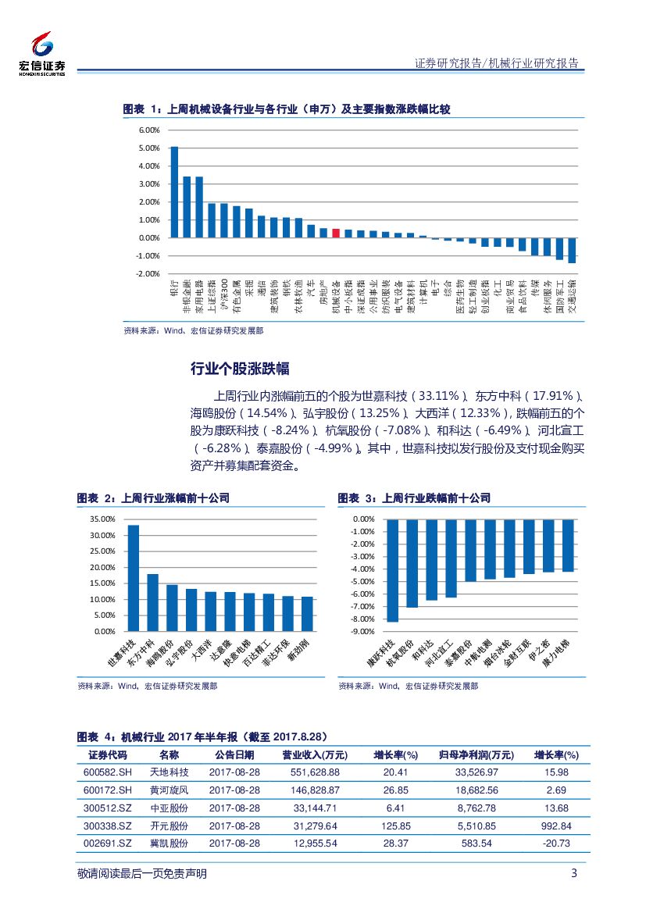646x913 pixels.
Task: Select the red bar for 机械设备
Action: pos(336,233)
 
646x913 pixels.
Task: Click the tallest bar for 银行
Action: pos(174,192)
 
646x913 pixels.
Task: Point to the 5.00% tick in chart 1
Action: pos(149,148)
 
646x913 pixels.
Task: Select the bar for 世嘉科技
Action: pos(134,577)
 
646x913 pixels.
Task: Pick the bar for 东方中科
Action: pos(152,602)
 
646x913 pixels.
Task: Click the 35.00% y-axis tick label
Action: pos(102,519)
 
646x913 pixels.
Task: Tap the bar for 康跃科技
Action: pos(393,570)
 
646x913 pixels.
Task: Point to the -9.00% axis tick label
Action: pos(363,631)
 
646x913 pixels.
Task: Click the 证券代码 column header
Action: pos(107,755)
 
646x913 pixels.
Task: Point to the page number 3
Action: pos(573,873)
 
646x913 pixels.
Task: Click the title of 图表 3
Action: pos(414,498)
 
